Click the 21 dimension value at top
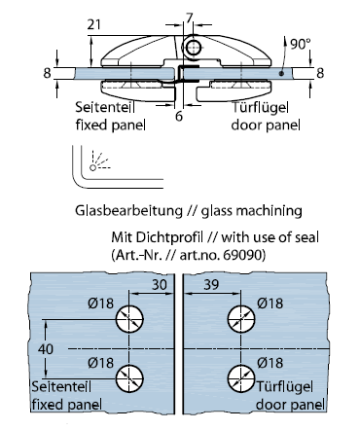click(x=94, y=24)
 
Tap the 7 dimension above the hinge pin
click(x=190, y=18)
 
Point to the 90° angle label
click(x=301, y=44)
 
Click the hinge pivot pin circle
click(x=193, y=48)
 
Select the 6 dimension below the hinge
click(x=179, y=116)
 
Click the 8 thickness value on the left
click(x=48, y=73)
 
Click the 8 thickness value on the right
click(x=320, y=73)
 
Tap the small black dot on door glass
click(x=281, y=74)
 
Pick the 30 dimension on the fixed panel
click(x=160, y=285)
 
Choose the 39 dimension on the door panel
click(x=211, y=285)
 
